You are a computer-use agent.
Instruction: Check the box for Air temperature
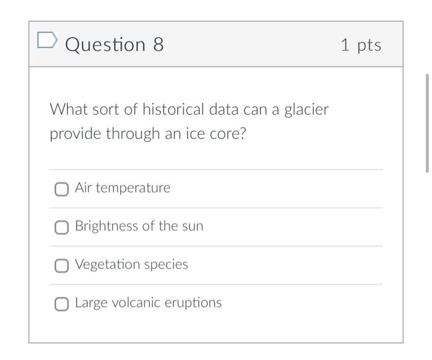(x=61, y=189)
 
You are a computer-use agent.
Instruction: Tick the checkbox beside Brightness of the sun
(x=61, y=227)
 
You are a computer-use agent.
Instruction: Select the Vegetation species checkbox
(x=61, y=266)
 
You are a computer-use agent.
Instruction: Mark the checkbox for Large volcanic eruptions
(x=61, y=304)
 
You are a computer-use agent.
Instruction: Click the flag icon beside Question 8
(x=47, y=41)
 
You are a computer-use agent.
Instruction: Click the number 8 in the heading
(x=158, y=44)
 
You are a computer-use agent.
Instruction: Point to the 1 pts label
(x=361, y=44)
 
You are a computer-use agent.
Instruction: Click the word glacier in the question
(x=306, y=110)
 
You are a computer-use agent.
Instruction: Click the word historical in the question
(x=173, y=110)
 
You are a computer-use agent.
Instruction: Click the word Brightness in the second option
(x=107, y=226)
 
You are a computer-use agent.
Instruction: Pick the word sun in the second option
(x=192, y=226)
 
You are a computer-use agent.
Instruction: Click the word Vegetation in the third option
(x=107, y=265)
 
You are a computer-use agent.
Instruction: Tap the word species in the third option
(x=166, y=265)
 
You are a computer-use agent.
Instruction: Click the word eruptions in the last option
(x=193, y=303)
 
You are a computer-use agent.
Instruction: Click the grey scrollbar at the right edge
(x=426, y=123)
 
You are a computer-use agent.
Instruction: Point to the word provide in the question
(x=76, y=134)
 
